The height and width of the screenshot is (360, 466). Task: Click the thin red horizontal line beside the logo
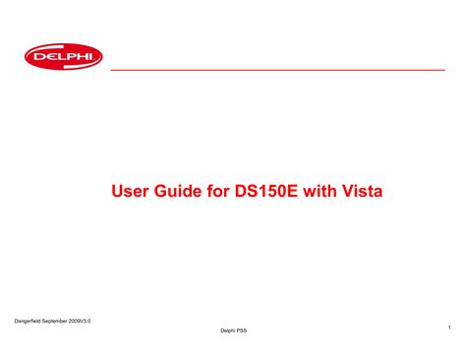point(275,71)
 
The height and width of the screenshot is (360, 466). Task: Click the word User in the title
point(133,190)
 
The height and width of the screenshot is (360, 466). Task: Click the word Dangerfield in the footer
point(34,321)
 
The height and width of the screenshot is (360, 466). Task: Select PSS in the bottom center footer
point(241,330)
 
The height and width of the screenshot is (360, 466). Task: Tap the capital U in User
point(118,190)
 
